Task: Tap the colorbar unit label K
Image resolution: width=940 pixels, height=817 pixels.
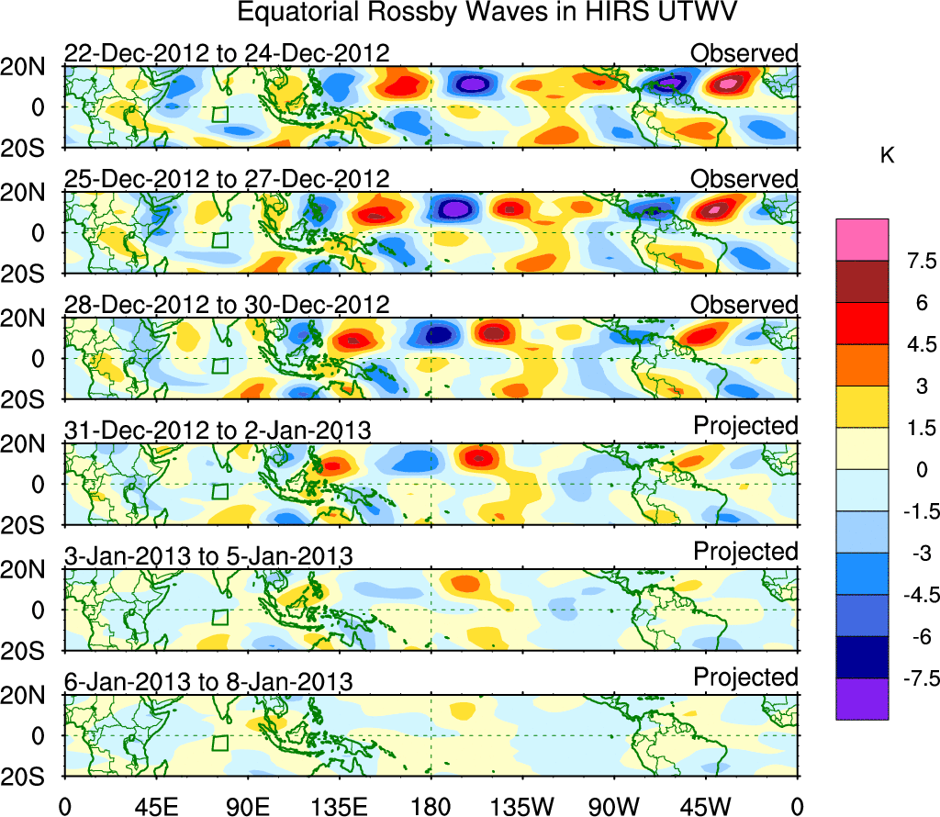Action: click(887, 156)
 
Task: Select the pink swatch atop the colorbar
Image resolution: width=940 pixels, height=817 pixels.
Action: click(862, 240)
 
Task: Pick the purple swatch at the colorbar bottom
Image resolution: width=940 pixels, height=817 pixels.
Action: click(862, 699)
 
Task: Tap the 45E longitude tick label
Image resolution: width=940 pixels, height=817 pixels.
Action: click(153, 806)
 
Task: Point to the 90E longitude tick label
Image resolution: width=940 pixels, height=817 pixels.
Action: click(246, 806)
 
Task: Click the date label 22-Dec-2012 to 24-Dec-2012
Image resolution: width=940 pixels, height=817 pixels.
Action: click(227, 53)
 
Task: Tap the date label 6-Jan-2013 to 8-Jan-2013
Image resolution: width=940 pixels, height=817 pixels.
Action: click(208, 682)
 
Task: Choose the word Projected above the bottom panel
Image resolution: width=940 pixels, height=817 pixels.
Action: click(745, 677)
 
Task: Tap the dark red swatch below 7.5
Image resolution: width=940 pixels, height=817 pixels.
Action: click(862, 282)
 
